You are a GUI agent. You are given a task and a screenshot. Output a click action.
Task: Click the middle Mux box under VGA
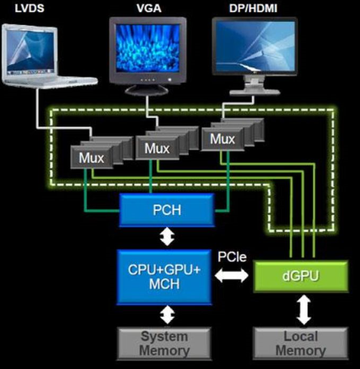[157, 148]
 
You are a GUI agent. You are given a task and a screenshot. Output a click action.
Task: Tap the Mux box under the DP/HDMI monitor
[222, 139]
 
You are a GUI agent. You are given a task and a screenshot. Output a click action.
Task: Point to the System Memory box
[164, 343]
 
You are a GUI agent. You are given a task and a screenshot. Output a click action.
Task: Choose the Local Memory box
[301, 343]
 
